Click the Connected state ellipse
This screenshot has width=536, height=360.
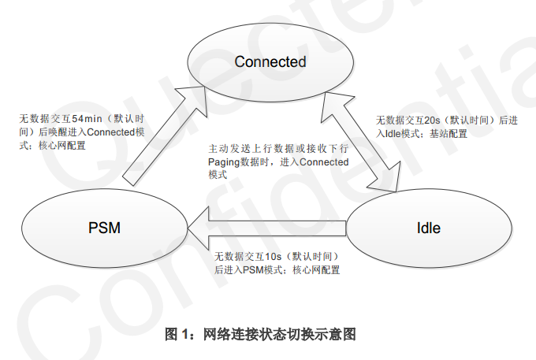(x=269, y=79)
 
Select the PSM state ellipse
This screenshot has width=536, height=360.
(x=103, y=229)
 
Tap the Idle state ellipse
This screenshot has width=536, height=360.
(x=428, y=229)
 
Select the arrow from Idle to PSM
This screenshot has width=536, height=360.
(x=268, y=228)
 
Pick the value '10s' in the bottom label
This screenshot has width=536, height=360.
(x=275, y=256)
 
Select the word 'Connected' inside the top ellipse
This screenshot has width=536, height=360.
(x=270, y=61)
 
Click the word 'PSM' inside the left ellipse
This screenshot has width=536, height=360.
(x=103, y=229)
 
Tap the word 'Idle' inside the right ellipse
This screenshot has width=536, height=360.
(x=428, y=229)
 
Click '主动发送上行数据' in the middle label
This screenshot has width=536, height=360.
(x=244, y=148)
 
